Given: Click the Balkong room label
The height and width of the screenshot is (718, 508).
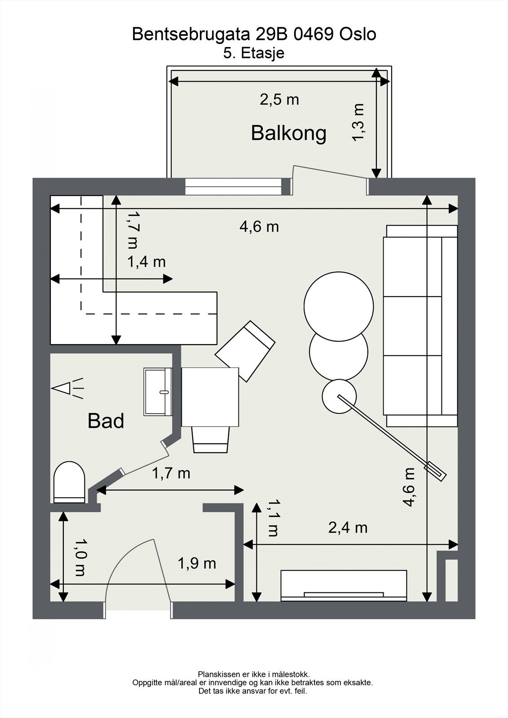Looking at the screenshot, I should [288, 133].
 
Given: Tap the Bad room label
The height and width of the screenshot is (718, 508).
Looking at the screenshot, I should [106, 421].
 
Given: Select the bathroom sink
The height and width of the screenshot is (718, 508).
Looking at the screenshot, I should [158, 391].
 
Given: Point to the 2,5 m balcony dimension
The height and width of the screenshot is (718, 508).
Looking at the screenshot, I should [279, 99].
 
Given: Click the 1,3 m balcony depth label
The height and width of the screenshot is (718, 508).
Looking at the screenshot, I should [358, 122].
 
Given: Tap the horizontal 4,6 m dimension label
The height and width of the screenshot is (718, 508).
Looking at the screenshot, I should [259, 227].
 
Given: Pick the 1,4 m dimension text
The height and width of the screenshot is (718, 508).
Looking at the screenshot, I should [146, 262].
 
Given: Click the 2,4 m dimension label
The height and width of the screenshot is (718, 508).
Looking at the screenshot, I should [348, 528].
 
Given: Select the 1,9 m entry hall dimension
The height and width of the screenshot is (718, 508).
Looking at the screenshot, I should [197, 563].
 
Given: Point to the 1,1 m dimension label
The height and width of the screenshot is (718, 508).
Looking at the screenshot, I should [273, 518].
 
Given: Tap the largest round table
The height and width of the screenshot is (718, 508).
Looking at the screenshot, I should [339, 306].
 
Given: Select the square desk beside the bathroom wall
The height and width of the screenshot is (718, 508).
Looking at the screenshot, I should [210, 397].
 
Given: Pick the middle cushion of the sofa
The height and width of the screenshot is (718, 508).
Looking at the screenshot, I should [412, 326].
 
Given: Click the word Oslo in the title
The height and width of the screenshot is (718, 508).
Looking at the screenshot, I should [358, 34].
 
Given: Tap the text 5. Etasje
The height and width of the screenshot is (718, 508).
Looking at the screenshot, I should [254, 53].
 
